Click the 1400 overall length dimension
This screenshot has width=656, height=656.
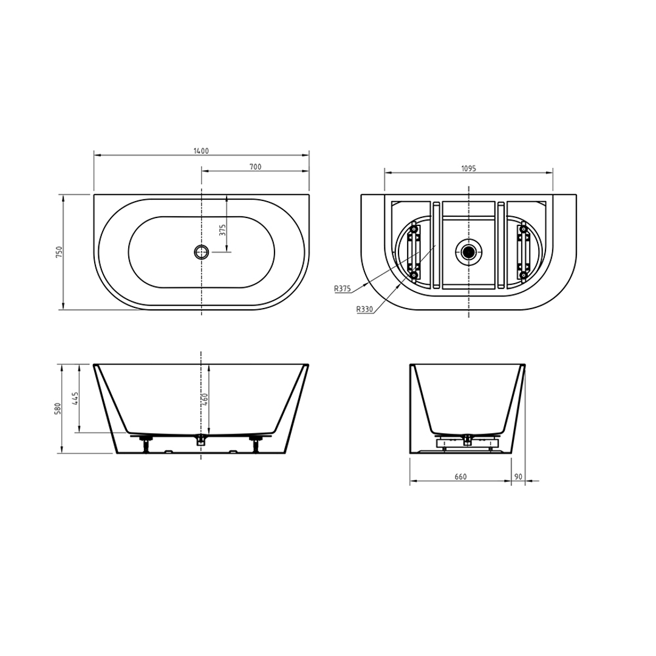click(201, 151)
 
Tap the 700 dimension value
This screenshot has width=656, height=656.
click(255, 167)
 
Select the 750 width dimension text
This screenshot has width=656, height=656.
click(59, 252)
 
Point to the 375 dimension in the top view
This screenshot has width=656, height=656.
click(222, 230)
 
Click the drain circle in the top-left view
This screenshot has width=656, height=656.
click(201, 252)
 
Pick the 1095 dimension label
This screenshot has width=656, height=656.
click(468, 169)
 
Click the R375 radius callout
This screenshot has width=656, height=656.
click(342, 289)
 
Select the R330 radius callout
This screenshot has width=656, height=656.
click(364, 310)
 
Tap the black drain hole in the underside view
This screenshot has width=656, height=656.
click(468, 252)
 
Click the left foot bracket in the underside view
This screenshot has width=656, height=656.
click(414, 251)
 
